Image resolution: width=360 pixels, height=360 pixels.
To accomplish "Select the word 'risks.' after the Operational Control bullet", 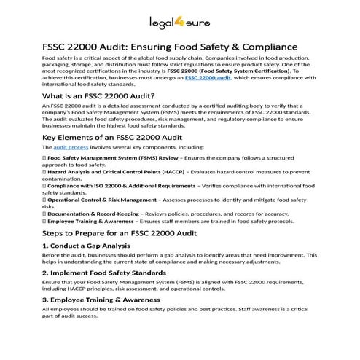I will pyautogui.click(x=50, y=206).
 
